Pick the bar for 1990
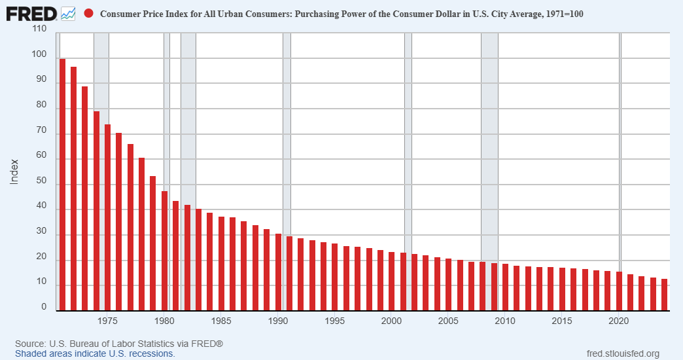point(278,272)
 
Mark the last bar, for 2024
point(664,295)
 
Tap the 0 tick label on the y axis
point(44,307)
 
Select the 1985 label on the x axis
point(221,321)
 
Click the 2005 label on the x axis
point(448,321)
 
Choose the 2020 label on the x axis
point(619,321)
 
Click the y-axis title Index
point(14,171)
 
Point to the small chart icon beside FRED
point(68,13)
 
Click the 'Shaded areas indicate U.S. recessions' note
point(95,353)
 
